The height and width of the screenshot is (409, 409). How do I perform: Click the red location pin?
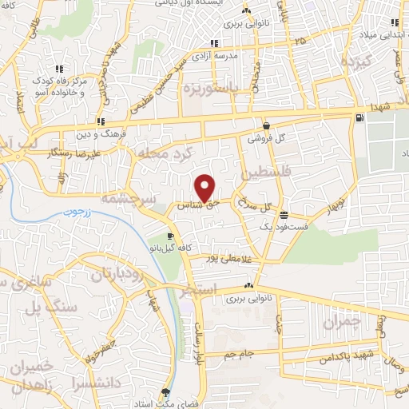point(205,187)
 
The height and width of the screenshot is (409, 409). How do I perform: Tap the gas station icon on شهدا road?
point(359,118)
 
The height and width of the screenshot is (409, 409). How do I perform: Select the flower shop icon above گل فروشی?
point(266,126)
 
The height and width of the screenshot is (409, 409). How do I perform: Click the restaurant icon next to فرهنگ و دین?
point(99,122)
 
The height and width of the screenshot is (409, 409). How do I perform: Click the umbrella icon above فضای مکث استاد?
point(165,392)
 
